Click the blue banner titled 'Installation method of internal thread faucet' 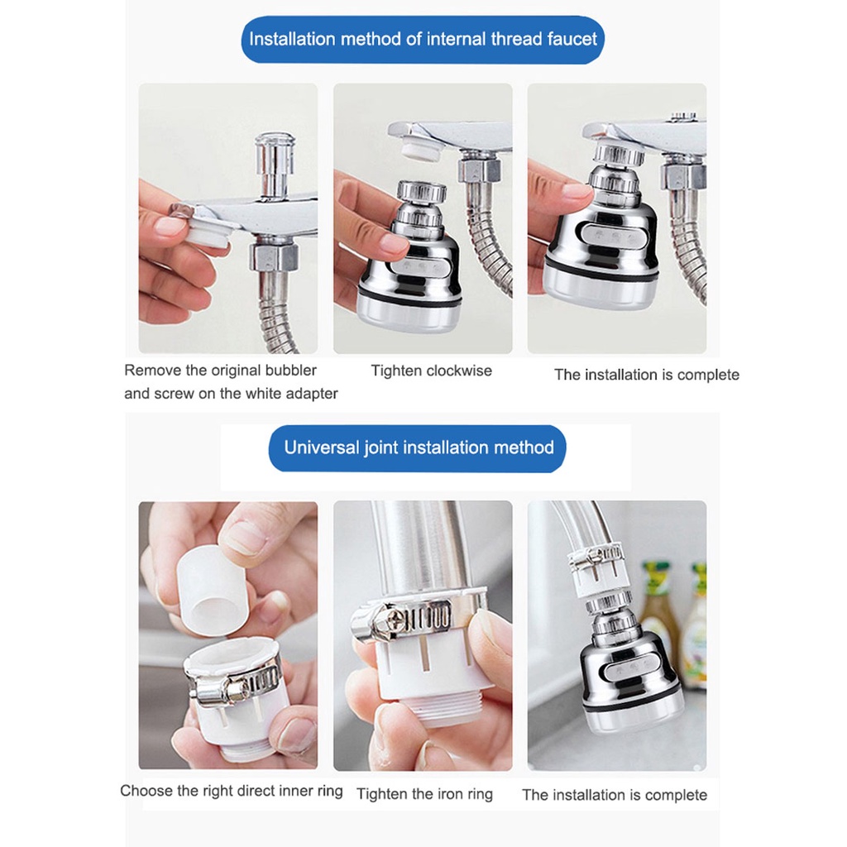(x=423, y=39)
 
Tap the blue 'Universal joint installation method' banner (x=419, y=448)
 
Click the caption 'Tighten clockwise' (x=431, y=371)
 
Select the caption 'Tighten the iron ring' (x=424, y=794)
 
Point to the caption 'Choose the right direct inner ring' (x=231, y=791)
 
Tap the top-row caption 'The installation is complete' (x=646, y=375)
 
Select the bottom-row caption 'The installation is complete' (x=615, y=795)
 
